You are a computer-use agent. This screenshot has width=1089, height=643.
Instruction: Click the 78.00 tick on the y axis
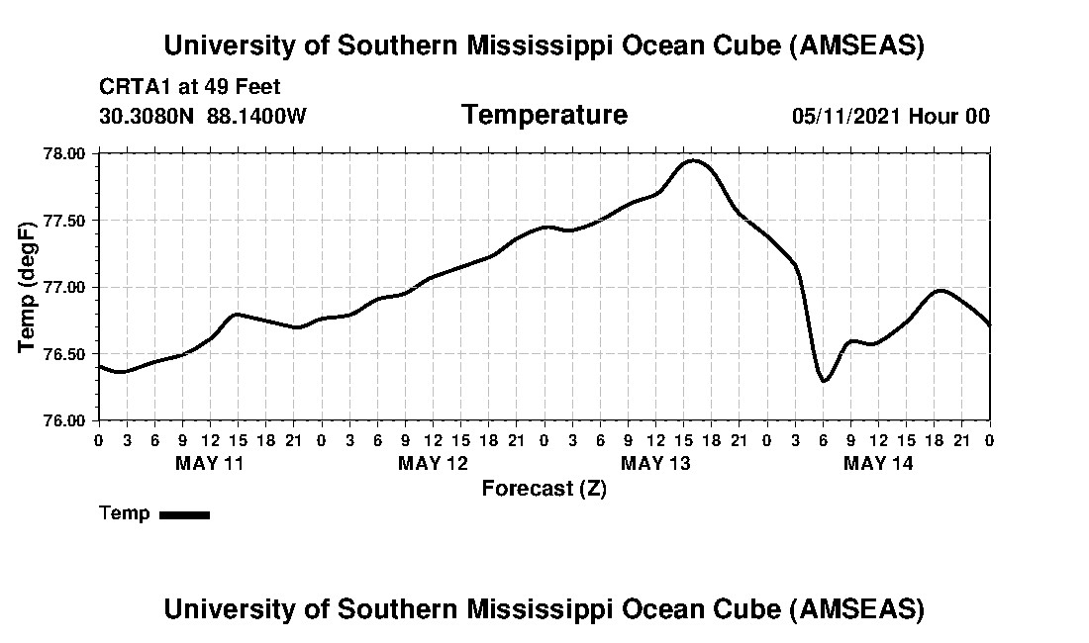point(65,153)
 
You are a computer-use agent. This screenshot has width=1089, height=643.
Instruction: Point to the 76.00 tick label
point(65,420)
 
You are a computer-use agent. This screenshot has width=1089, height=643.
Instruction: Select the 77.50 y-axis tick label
point(65,221)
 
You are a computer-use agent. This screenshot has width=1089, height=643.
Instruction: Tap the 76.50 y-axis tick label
point(65,354)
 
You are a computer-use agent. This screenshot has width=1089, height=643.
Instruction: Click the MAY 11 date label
point(209,462)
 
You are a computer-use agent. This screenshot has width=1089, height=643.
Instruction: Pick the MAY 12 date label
point(433,462)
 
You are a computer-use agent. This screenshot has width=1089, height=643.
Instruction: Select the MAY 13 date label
point(655,462)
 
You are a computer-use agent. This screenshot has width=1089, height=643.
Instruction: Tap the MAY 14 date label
point(878,462)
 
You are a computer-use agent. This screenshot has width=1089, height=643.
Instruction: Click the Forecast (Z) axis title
point(544,488)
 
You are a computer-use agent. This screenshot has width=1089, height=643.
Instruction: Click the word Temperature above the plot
point(544,115)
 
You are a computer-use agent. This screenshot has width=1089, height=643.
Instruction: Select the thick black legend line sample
point(184,514)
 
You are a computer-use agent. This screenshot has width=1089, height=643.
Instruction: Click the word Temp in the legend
point(125,513)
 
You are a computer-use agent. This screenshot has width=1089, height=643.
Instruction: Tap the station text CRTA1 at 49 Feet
point(190,87)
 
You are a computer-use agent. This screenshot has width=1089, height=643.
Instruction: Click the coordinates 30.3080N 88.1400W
point(203,116)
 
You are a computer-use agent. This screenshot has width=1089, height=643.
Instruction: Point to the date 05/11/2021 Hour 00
point(890,116)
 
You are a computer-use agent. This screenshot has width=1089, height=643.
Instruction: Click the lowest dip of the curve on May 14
point(824,380)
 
